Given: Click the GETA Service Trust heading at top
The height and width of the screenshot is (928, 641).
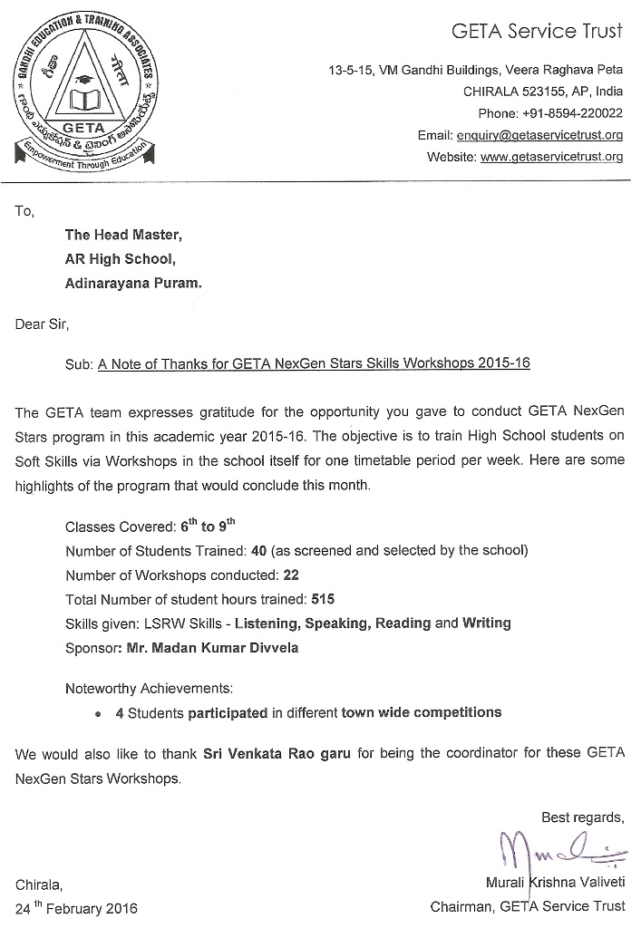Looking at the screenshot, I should pos(538,32).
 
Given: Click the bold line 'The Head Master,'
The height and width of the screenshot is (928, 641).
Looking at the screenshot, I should pos(123,235).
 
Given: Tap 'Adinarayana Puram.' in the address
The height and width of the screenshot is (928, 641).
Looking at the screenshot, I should pos(133,282).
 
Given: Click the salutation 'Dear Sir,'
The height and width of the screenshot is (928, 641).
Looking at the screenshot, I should pos(42,323).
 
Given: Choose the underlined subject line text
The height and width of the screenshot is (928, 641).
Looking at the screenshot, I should pos(314,363).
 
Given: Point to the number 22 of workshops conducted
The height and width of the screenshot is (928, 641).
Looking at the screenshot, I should pos(291,575).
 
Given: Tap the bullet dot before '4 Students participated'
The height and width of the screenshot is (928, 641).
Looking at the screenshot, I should pos(98,714).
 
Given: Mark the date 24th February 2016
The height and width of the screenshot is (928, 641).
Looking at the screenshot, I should pos(77,907).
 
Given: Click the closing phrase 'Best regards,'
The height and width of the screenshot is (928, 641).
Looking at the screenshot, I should pos(583,817).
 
